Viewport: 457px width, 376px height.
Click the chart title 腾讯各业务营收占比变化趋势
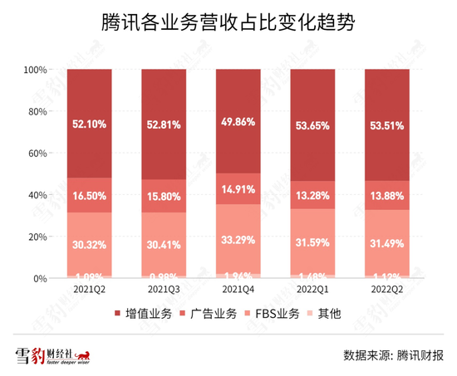[228, 22]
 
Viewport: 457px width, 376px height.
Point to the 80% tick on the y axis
[37, 112]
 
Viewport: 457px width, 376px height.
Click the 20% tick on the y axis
[37, 237]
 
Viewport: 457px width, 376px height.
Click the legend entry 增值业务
[141, 315]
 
